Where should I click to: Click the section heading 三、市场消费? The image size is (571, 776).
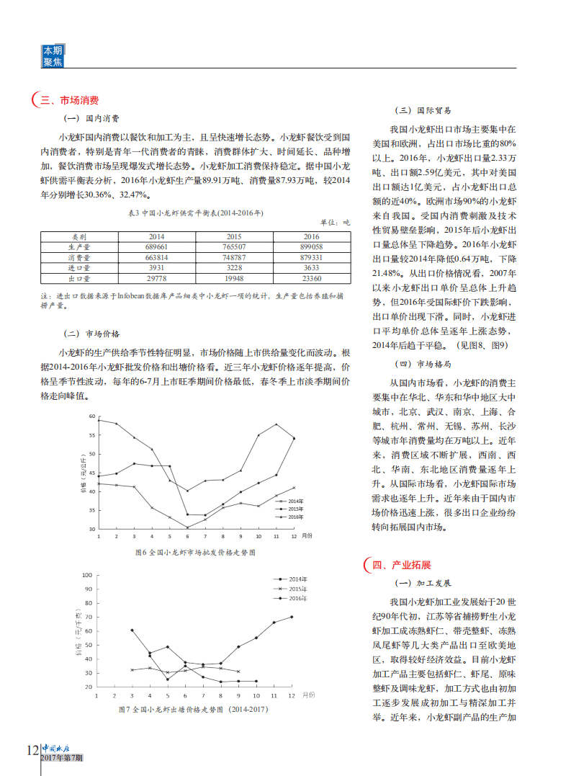69,101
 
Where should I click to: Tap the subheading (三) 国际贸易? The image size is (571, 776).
423,111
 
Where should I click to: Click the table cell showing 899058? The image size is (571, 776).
311,246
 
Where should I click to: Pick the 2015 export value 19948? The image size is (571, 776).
234,277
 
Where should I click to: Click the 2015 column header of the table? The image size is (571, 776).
234,236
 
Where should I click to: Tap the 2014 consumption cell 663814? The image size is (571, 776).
156,257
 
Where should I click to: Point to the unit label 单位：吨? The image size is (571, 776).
334,223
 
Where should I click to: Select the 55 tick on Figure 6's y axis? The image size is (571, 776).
91,435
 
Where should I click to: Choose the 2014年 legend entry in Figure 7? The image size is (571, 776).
297,579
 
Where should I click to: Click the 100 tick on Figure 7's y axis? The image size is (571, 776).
88,575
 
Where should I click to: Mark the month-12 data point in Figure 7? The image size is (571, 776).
292,617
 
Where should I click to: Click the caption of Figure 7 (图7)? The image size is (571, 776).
192,710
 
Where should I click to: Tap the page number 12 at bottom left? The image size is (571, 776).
32,750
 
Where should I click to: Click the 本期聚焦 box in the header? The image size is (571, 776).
53,56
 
